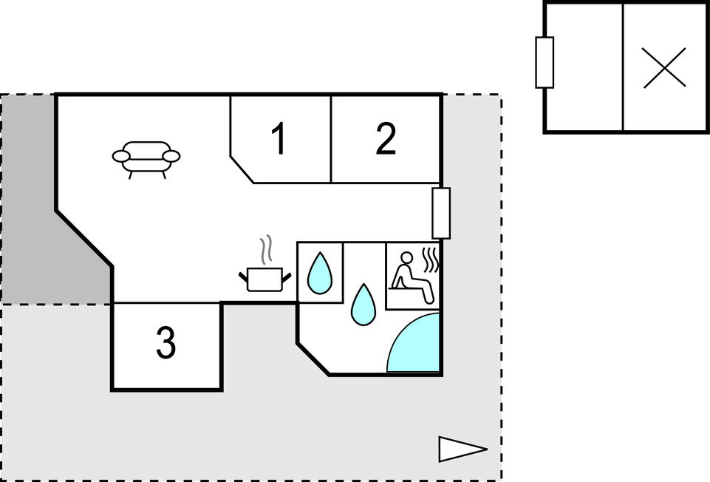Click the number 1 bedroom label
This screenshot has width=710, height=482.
[x=279, y=138]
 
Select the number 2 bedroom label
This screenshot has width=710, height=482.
[x=386, y=138]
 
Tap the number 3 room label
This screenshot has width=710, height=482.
[x=166, y=343]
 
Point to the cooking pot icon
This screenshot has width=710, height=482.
[x=265, y=279]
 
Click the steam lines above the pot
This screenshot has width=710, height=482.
[x=267, y=248]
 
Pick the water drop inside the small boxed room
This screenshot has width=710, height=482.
[x=320, y=273]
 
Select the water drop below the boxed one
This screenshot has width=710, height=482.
[x=363, y=304]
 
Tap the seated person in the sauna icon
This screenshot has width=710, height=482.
[x=412, y=277]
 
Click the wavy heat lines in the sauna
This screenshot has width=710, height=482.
[x=430, y=259]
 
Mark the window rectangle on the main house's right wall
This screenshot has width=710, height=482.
[x=441, y=213]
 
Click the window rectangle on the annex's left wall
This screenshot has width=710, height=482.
[x=545, y=63]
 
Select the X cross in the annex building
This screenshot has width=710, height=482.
[x=664, y=68]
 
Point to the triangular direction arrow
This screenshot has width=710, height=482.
[x=462, y=449]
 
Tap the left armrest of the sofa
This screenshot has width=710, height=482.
[x=121, y=156]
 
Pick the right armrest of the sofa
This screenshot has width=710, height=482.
[x=171, y=156]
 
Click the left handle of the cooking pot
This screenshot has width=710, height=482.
[x=244, y=276]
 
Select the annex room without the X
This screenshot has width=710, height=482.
[x=584, y=67]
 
